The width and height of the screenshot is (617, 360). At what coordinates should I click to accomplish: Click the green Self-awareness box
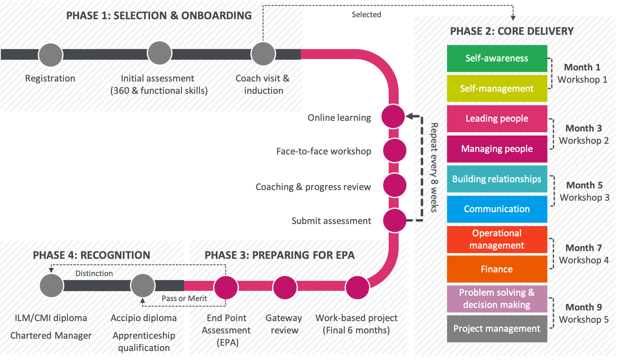coord(497,59)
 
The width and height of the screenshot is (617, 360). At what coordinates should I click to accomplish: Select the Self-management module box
coord(497,88)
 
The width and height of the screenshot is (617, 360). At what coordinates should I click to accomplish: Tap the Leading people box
coord(497,119)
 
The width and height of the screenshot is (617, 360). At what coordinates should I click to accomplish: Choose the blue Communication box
coord(497,209)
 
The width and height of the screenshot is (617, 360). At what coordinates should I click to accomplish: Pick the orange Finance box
coord(497,269)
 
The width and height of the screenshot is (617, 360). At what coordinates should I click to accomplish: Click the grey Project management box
coord(497,328)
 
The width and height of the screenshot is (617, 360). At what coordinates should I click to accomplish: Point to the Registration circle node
coord(50,55)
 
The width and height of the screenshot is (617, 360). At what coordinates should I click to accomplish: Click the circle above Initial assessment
coord(159,53)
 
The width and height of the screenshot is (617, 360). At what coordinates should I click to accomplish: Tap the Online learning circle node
coord(393,116)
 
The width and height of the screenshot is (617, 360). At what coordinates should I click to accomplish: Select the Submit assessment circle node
coord(395,220)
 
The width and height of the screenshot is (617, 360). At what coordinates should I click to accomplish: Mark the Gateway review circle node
coord(285,288)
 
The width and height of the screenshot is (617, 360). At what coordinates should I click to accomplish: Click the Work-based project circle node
coord(357,288)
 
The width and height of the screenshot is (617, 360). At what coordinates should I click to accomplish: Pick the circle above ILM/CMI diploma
coord(52,285)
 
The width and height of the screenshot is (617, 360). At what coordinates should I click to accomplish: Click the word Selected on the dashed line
coord(366,15)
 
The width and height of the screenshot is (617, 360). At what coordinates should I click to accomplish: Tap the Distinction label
coord(94,274)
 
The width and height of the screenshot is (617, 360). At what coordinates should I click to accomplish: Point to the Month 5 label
coord(584,186)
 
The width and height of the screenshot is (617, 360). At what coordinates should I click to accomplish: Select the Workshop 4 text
coord(584,260)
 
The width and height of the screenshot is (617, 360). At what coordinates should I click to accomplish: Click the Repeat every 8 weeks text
coord(434,168)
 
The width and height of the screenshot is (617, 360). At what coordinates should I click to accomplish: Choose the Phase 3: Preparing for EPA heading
coord(280,255)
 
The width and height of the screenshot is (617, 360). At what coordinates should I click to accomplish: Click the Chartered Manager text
coord(51,336)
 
